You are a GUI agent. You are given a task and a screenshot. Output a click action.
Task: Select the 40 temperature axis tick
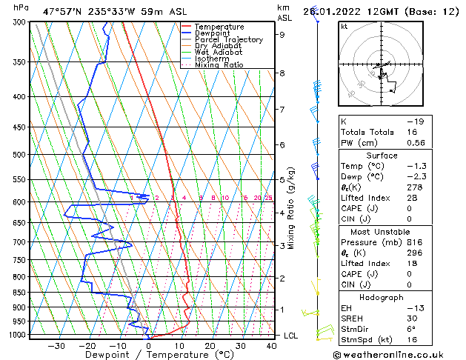point(271,345)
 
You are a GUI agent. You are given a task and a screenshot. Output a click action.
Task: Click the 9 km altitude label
point(282,34)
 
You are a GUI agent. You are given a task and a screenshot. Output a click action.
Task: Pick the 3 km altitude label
point(282,245)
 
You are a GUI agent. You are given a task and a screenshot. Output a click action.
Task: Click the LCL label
point(291,336)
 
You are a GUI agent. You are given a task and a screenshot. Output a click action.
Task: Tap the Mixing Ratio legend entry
point(219,65)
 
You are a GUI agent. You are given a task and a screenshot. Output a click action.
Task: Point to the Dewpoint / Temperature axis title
point(149,355)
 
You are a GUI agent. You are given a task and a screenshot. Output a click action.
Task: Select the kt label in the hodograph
point(344,26)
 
